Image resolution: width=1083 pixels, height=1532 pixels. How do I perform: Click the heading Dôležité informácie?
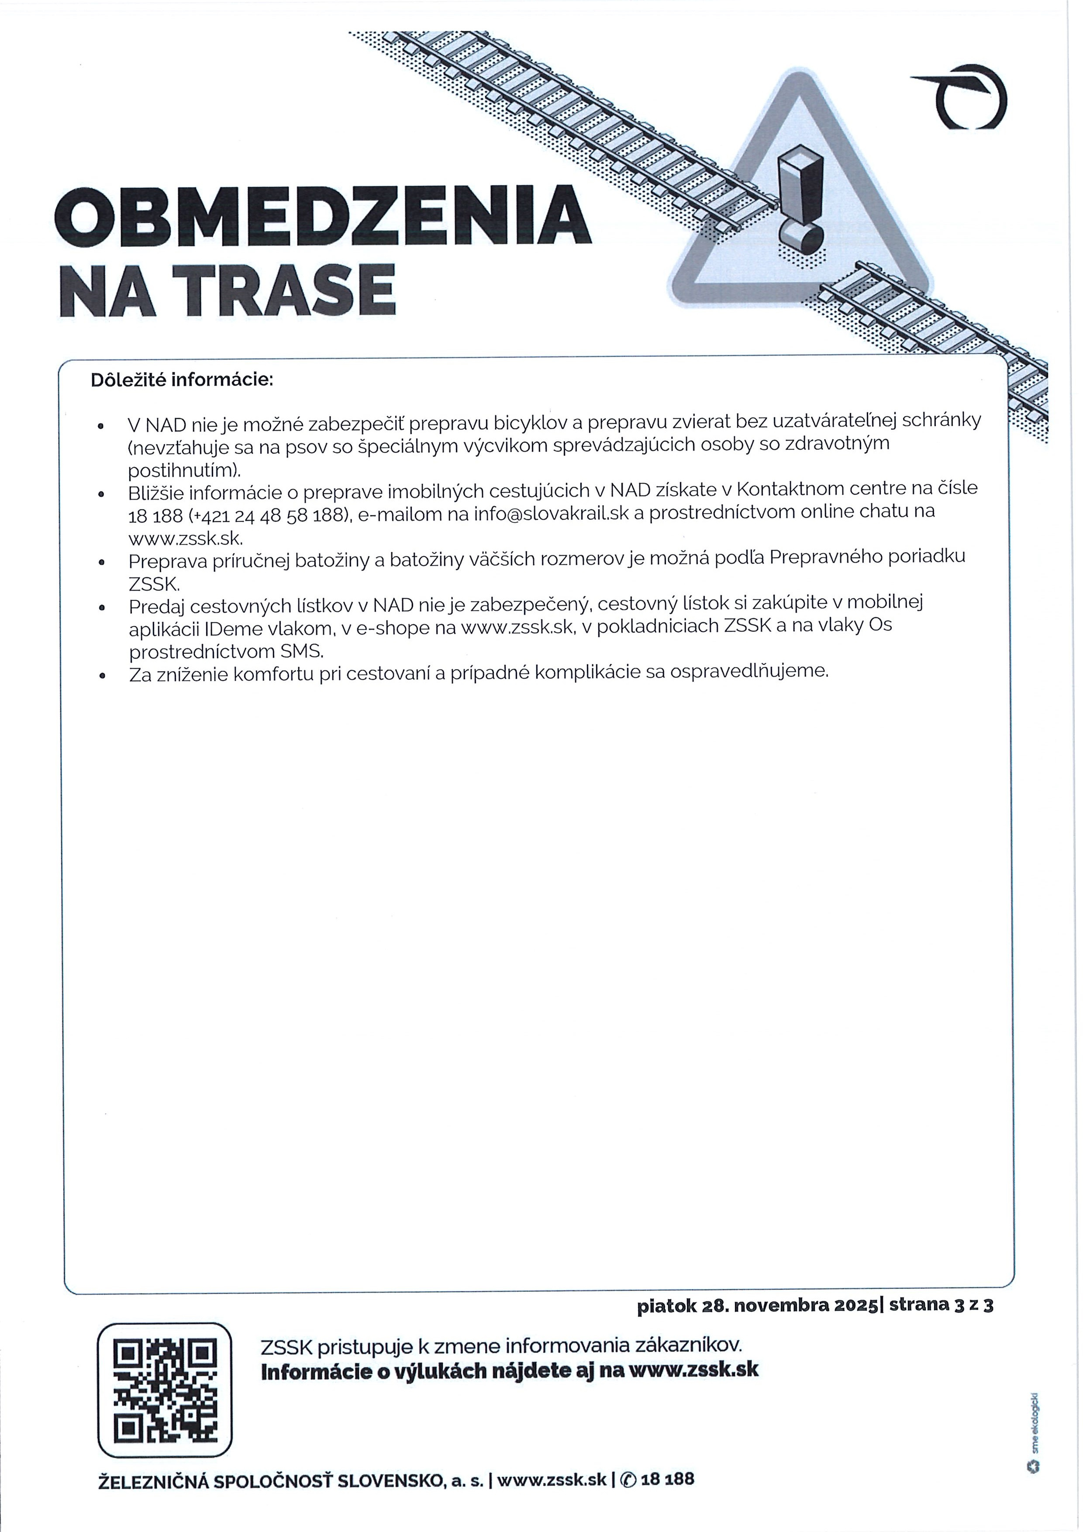coord(182,380)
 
